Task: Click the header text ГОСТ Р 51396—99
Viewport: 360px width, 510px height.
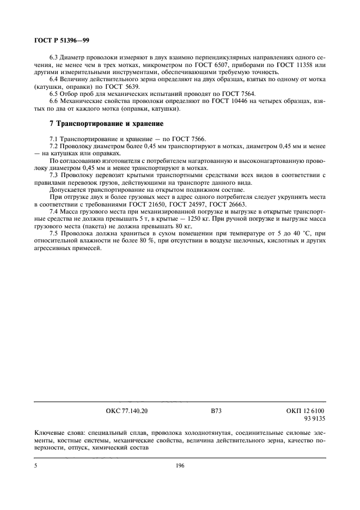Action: coord(54,40)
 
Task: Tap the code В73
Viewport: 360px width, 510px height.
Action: coord(216,412)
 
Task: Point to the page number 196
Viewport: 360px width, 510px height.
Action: coord(180,466)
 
